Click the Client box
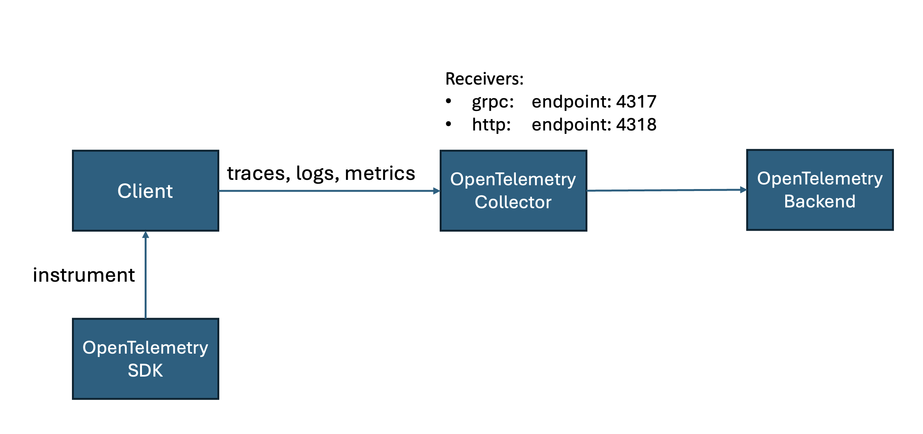(145, 191)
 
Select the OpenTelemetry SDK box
(145, 359)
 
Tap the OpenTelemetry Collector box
(513, 191)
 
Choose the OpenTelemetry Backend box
(820, 190)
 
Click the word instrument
(84, 275)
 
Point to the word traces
(256, 173)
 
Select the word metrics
(380, 173)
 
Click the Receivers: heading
(484, 79)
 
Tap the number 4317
(636, 101)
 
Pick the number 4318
(636, 124)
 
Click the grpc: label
(492, 102)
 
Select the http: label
(491, 124)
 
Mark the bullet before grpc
(448, 101)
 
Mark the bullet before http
(448, 124)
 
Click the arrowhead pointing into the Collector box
(437, 191)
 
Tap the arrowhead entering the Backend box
(743, 189)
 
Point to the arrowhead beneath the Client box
(145, 235)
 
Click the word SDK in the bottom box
(145, 370)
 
